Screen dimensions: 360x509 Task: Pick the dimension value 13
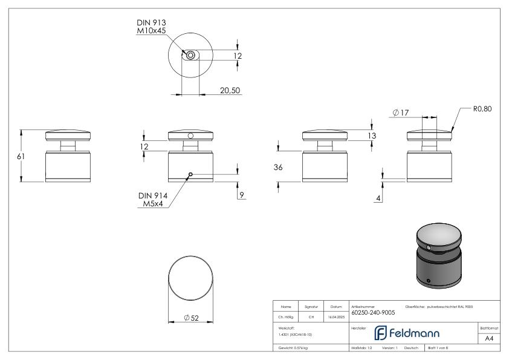pos(372,137)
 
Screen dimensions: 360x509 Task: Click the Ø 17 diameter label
pos(400,113)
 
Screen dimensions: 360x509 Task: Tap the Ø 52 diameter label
pos(191,318)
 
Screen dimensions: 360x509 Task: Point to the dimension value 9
pos(241,195)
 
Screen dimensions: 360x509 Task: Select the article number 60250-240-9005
pos(373,312)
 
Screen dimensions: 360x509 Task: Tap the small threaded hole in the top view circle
pos(191,55)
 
